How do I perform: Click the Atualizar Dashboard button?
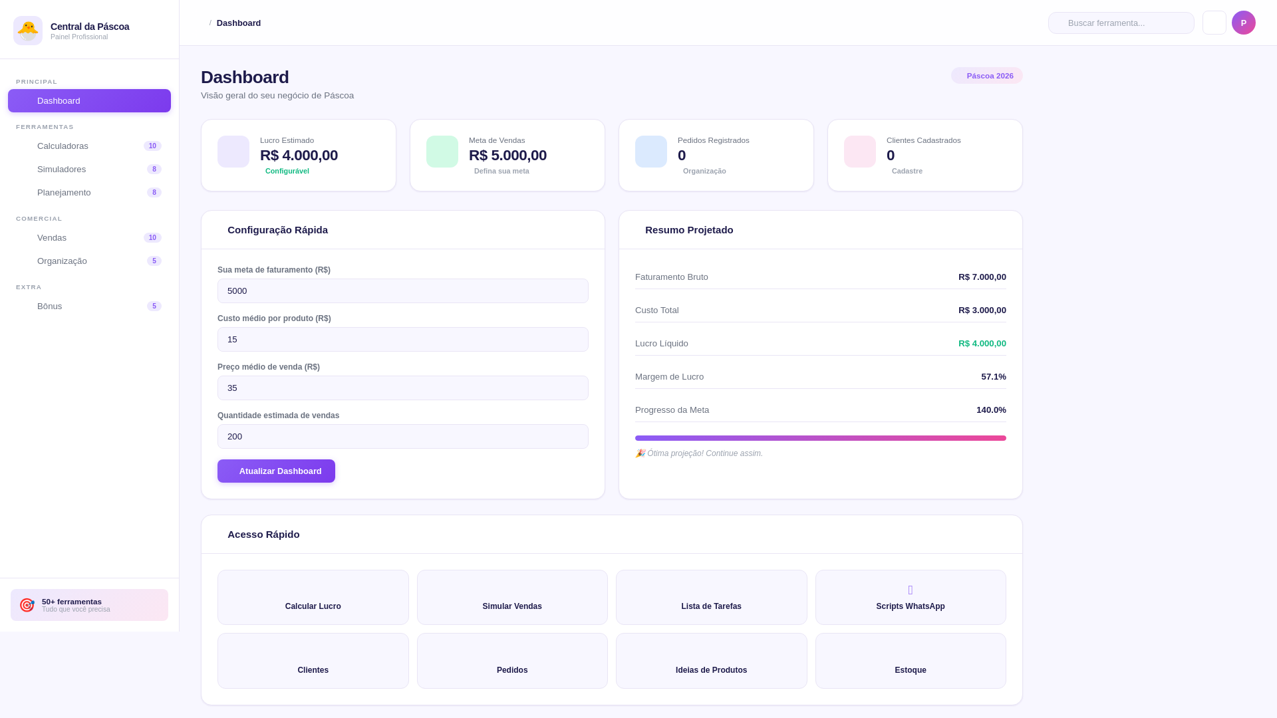276,471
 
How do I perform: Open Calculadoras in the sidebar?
63,146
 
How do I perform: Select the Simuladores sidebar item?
61,169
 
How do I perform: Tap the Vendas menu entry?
52,237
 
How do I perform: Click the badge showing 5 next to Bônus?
154,306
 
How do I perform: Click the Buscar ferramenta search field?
1121,23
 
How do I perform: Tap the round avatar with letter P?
1243,23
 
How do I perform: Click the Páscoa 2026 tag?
987,76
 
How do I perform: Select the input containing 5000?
402,291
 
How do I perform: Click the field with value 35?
402,388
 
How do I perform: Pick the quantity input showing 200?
402,436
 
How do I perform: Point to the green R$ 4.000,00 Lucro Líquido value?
982,343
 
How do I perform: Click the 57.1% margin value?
993,376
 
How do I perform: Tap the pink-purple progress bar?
820,438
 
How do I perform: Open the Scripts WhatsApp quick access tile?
910,597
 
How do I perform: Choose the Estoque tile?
910,661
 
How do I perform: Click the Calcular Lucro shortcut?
313,597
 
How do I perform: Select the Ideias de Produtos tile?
711,661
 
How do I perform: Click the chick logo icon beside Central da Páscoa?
28,31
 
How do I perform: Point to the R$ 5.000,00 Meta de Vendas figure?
507,156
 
